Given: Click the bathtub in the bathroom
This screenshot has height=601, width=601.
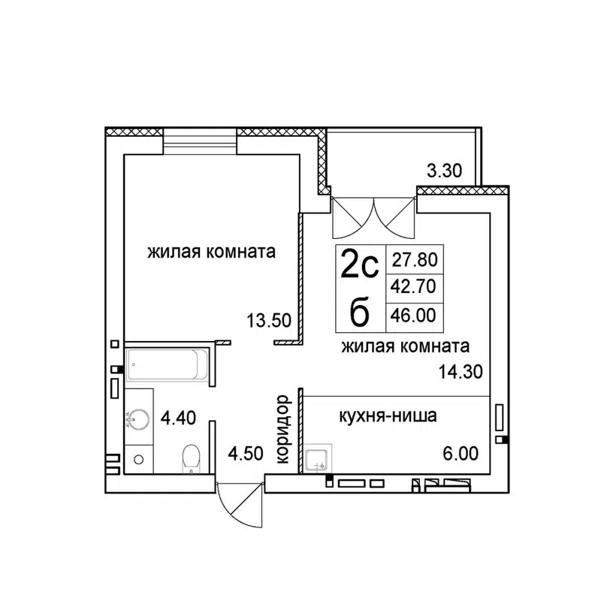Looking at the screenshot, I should [167, 366].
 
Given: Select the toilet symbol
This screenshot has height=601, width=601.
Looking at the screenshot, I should [192, 458].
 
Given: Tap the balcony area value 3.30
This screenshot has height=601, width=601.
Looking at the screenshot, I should [443, 171].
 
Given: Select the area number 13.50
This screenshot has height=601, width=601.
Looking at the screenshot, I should [269, 319].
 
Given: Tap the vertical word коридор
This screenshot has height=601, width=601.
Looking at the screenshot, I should [282, 430].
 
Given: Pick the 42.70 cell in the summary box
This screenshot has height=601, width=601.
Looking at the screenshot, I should [414, 286].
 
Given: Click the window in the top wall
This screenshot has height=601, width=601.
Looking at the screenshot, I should [199, 140].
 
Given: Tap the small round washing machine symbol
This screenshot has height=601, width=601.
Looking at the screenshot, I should [138, 458].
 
